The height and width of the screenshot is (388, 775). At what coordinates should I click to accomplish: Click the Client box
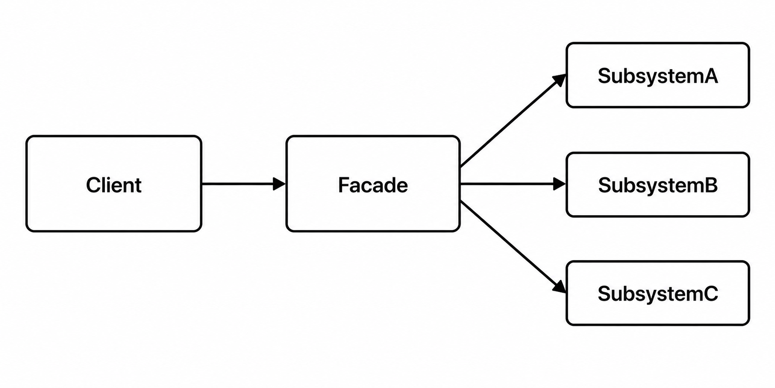click(114, 184)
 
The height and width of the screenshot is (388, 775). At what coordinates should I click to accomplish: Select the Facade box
click(373, 184)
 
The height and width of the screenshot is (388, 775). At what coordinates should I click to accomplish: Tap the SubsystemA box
click(657, 75)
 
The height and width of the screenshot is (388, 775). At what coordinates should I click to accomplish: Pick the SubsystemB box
click(657, 185)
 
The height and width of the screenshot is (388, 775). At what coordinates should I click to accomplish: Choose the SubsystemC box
click(657, 293)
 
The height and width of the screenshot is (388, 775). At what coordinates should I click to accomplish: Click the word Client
click(114, 185)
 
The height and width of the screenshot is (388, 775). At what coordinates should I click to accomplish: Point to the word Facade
click(373, 185)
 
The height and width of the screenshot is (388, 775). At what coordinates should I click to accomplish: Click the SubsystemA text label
click(657, 76)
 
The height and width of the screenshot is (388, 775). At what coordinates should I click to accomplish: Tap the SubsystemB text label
click(657, 185)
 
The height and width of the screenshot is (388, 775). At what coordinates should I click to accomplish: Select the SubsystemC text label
click(657, 294)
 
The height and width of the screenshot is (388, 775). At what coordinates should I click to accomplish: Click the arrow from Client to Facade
click(244, 184)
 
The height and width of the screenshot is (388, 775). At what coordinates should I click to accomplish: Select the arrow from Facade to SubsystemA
click(513, 121)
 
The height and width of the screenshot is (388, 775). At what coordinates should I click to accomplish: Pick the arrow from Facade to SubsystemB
click(513, 184)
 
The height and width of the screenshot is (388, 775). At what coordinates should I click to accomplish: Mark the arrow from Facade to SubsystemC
click(513, 247)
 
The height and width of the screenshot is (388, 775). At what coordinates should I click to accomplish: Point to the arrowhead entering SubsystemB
click(560, 184)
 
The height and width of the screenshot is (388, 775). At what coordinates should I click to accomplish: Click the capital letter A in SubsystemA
click(710, 76)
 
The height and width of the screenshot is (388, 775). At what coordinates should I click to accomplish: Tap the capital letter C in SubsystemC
click(710, 294)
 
